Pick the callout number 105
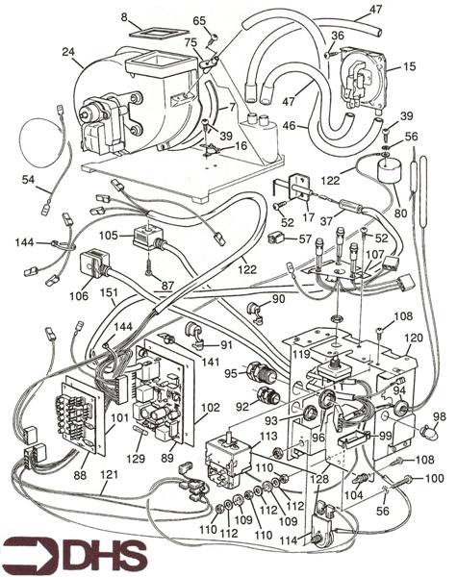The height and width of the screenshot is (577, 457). coord(108,235)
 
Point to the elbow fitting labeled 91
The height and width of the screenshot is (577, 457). coord(193,337)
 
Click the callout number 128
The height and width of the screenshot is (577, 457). coord(320,479)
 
